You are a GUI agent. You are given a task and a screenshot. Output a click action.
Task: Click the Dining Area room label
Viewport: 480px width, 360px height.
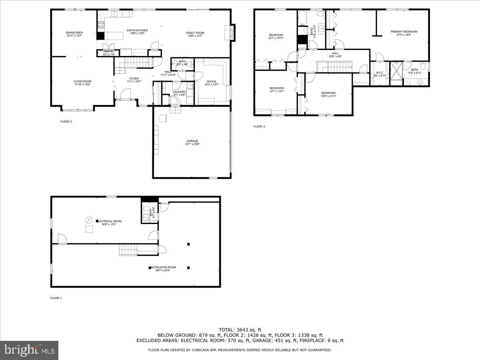click(x=74, y=32)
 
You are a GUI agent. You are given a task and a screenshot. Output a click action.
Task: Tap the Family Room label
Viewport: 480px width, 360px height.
click(x=195, y=33)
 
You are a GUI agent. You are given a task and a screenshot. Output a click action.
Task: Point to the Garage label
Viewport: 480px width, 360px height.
click(x=192, y=141)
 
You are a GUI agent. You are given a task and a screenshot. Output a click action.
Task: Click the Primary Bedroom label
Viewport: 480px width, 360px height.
click(x=404, y=32)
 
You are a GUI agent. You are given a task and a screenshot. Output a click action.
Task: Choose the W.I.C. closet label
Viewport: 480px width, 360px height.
click(x=380, y=72)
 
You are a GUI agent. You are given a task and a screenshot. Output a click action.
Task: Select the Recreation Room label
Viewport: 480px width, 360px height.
click(x=164, y=267)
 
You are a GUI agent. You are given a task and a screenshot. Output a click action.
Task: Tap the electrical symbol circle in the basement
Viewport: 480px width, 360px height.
click(x=88, y=220)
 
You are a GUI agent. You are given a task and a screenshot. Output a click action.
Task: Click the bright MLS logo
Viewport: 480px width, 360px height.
click(x=29, y=350)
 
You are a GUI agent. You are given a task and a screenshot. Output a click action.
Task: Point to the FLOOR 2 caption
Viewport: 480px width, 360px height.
click(x=66, y=122)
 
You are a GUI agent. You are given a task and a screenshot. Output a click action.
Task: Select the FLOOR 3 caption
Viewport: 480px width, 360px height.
click(x=259, y=126)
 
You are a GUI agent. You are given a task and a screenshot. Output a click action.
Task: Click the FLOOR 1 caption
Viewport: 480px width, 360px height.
click(x=56, y=298)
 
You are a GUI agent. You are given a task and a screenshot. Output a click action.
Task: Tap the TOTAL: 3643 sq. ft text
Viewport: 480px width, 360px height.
click(x=240, y=329)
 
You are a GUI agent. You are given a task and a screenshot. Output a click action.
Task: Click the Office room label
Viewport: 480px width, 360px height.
click(x=211, y=82)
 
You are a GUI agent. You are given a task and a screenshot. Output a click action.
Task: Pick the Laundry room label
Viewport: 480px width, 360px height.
click(x=179, y=92)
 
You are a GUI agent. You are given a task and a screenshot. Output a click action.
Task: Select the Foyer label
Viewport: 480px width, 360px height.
click(x=134, y=78)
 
